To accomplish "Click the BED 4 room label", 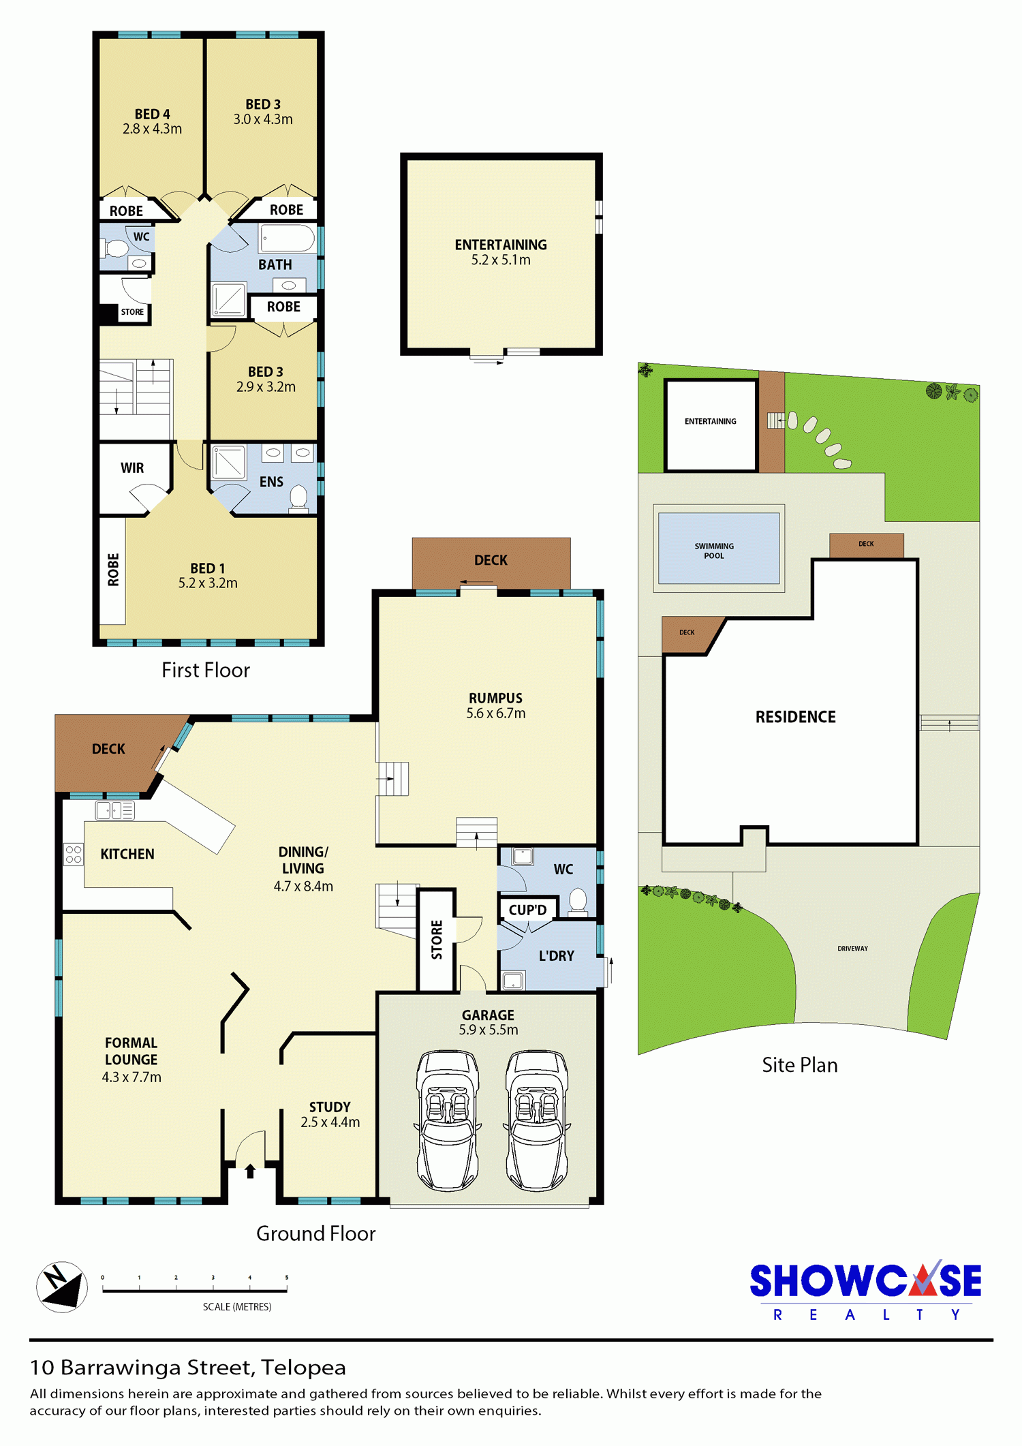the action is tap(152, 121).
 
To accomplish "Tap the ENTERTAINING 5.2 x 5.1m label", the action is tap(501, 252).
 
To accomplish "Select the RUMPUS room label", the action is tap(495, 705).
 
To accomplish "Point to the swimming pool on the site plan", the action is tap(719, 549).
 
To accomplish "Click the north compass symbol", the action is tap(62, 1287).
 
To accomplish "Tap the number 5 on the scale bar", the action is tap(287, 1277).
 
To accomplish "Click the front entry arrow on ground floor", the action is tap(250, 1171).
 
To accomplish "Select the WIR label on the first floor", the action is tap(132, 468).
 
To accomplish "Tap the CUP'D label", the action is tap(527, 910).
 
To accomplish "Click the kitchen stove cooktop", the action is tap(74, 855).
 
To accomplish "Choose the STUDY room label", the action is tap(330, 1114).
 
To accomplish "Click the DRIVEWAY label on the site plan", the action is tap(852, 949).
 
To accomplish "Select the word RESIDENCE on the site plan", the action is tap(795, 717).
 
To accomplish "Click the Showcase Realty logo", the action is tap(865, 1290).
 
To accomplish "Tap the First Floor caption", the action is tap(206, 670).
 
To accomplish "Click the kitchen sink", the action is tap(114, 810).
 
